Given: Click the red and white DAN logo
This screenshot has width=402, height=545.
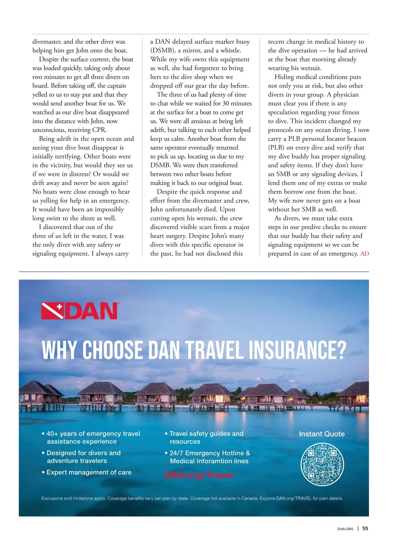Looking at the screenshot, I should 80,311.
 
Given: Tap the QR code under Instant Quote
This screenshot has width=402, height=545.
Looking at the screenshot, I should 322,464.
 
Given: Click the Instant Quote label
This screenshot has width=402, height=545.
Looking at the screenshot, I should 322,434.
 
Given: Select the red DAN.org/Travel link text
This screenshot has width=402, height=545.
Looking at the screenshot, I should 199,475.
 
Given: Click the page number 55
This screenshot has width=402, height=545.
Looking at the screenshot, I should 365,529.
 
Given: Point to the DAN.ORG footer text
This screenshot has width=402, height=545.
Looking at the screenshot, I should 345,529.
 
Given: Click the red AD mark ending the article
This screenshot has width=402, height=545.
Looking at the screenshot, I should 364,254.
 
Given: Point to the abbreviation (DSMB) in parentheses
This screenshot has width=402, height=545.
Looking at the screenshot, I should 162,51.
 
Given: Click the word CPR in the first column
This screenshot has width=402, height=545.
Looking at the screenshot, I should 99,130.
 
